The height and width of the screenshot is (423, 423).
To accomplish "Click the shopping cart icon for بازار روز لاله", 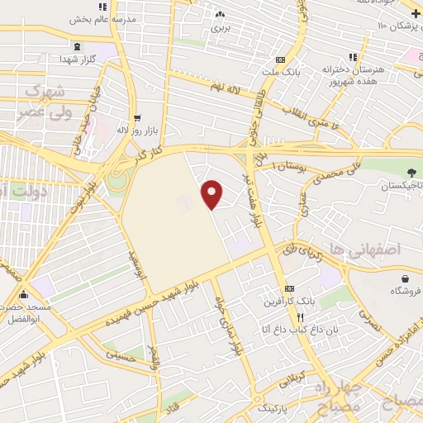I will click(x=137, y=117).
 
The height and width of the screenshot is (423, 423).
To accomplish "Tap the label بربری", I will click(x=219, y=27).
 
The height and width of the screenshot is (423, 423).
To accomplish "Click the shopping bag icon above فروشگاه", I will click(x=405, y=278).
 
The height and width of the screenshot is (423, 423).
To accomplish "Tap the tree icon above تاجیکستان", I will click(x=411, y=173).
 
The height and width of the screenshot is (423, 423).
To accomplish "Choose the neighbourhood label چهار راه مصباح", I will click(x=339, y=398).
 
